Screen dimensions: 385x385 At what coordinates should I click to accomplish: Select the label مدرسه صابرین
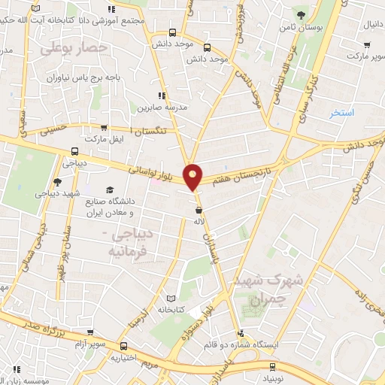pos(160,108)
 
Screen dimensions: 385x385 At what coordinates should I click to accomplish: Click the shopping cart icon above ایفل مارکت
pos(103,127)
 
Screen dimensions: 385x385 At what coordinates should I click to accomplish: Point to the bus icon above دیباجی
pos(73,150)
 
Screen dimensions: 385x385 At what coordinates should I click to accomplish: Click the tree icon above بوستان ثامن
pos(301,14)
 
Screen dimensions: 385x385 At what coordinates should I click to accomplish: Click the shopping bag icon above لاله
pos(199,210)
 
